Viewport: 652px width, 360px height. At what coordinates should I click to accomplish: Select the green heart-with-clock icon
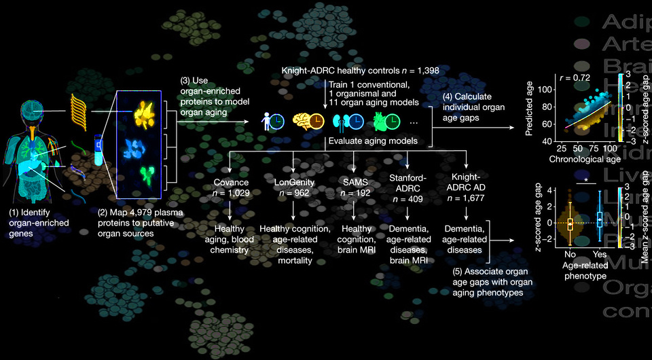coord(386,122)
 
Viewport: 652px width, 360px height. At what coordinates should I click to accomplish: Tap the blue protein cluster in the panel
coord(143,145)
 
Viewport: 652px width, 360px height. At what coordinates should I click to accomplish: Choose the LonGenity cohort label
coord(293,183)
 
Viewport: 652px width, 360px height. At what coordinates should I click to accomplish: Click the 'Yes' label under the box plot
coord(599,255)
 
